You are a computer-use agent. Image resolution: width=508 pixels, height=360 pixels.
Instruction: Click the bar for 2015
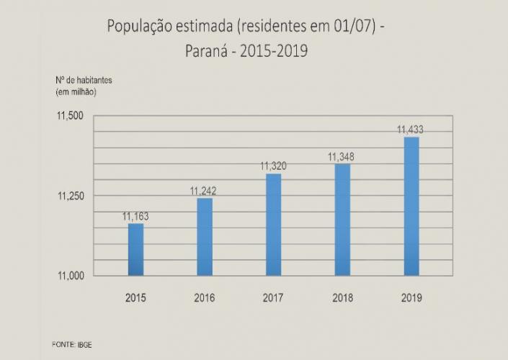pos(135,249)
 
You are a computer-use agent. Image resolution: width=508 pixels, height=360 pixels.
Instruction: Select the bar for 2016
pos(204,236)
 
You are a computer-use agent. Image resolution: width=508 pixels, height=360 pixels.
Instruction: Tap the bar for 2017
pos(273,224)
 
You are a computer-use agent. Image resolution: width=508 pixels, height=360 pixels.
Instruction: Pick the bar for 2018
pos(342,220)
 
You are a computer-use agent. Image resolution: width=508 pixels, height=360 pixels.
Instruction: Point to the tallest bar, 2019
pos(411,206)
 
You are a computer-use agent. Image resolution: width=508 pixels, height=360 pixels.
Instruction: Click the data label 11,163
pos(135,216)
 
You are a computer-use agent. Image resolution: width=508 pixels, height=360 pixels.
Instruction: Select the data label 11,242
pos(204,191)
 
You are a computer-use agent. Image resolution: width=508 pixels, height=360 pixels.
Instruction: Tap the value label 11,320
pos(273,166)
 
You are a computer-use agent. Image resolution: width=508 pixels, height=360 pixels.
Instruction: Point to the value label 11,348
pos(342,157)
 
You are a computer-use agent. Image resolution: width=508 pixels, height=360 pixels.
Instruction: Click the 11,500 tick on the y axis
pos(71,116)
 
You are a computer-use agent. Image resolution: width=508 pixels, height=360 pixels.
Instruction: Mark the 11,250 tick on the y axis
pos(71,196)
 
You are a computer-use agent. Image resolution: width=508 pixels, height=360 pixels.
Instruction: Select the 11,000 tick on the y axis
pos(71,276)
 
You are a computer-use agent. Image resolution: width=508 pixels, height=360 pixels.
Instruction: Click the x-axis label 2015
pos(135,297)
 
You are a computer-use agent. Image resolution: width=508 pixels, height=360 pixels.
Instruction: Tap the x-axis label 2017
pos(273,297)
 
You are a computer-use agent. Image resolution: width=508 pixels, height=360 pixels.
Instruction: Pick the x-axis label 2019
pos(411,297)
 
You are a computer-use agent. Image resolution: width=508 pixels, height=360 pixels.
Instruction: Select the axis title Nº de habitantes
pos(83,80)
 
